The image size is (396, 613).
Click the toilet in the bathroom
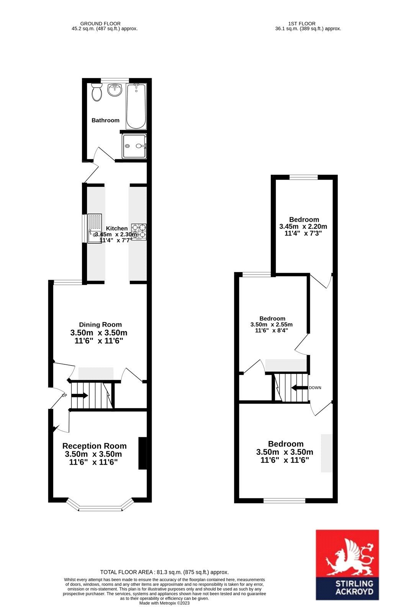[x=97, y=92]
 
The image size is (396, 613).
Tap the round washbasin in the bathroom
[x=115, y=90]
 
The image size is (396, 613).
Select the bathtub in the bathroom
[x=136, y=107]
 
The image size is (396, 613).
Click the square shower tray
[x=134, y=146]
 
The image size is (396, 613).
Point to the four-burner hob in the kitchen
[x=139, y=232]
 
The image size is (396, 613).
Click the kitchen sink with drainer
[x=94, y=228]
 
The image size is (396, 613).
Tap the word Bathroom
[x=105, y=120]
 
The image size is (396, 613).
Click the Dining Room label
[x=100, y=325]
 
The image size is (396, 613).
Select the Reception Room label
[x=94, y=446]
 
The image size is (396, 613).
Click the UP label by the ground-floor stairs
[x=65, y=395]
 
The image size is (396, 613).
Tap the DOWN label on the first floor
[x=315, y=387]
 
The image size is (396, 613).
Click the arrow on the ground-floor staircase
[x=80, y=395]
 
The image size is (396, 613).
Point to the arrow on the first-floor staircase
[x=300, y=387]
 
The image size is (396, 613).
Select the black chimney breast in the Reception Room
[x=142, y=454]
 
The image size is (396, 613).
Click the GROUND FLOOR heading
[x=100, y=23]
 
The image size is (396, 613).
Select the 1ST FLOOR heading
[x=302, y=23]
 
